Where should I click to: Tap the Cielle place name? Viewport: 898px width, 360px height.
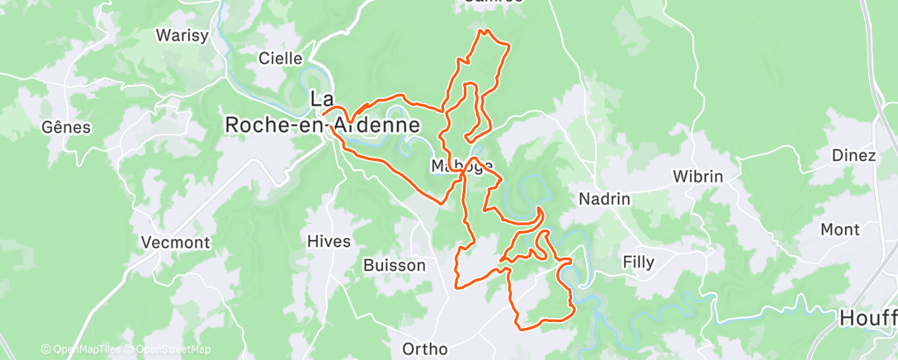[x=281, y=59]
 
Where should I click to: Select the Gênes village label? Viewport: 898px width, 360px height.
[x=66, y=127]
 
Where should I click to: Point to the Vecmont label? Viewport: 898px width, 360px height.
[x=176, y=244]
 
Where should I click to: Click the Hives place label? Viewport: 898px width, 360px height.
[x=328, y=242]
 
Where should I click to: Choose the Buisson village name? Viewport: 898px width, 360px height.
[x=395, y=266]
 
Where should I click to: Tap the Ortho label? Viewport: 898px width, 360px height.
[x=425, y=349]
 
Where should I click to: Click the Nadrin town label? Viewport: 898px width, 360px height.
[x=604, y=199]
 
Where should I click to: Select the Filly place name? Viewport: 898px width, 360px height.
[x=638, y=263]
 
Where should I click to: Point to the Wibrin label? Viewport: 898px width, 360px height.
[x=697, y=177]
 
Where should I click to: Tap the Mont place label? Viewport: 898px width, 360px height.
[x=839, y=230]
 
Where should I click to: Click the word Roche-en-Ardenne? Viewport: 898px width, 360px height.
[x=323, y=126]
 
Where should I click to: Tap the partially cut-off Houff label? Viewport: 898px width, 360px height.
[x=867, y=318]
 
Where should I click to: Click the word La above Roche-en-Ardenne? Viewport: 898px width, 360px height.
[x=321, y=99]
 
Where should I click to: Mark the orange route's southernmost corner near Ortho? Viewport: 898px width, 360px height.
[x=522, y=328]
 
